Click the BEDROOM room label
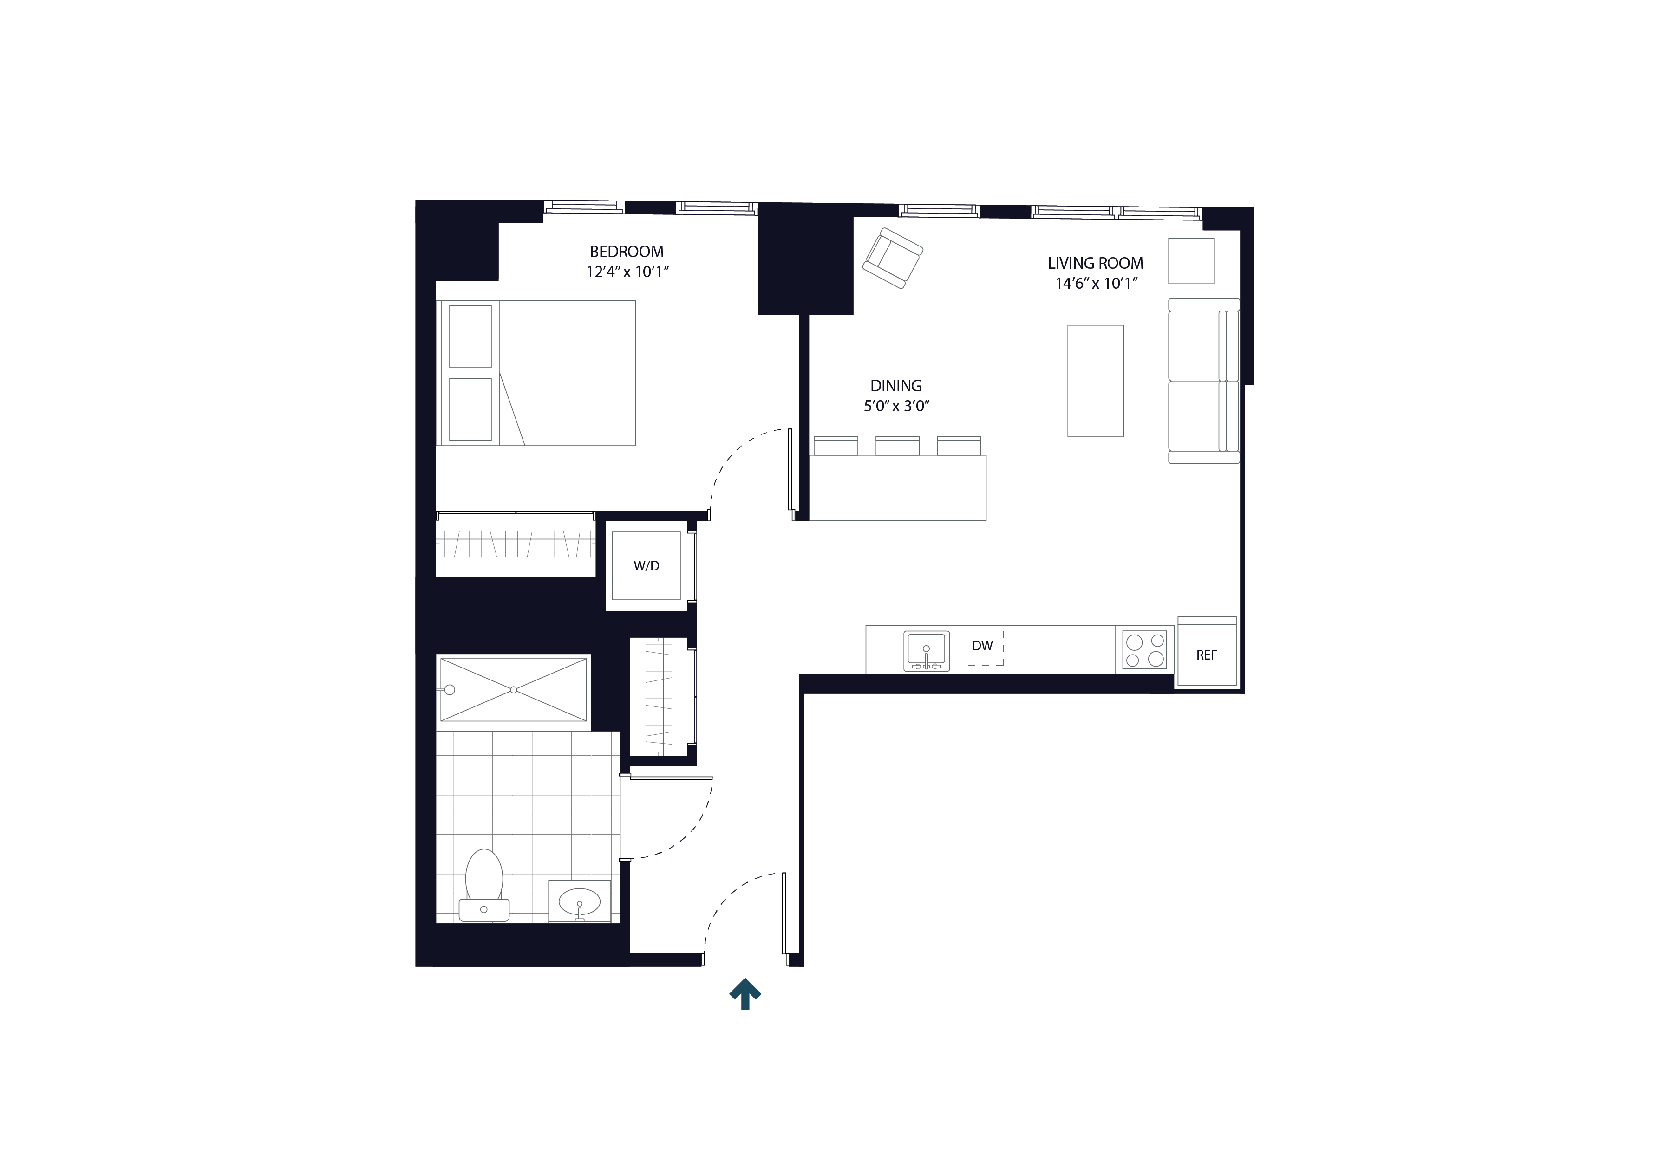[x=627, y=252]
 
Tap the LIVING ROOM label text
[x=1096, y=264]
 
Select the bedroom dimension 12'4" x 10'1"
[x=627, y=272]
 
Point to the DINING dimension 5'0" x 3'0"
[x=896, y=406]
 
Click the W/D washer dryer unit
[x=646, y=565]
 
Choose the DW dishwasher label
[x=982, y=646]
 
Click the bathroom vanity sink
[x=580, y=901]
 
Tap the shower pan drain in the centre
[x=514, y=690]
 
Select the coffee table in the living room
[x=1096, y=381]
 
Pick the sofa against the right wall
[x=1203, y=381]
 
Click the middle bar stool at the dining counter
[x=897, y=446]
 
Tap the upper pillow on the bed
[x=470, y=337]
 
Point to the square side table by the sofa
[x=1191, y=261]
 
